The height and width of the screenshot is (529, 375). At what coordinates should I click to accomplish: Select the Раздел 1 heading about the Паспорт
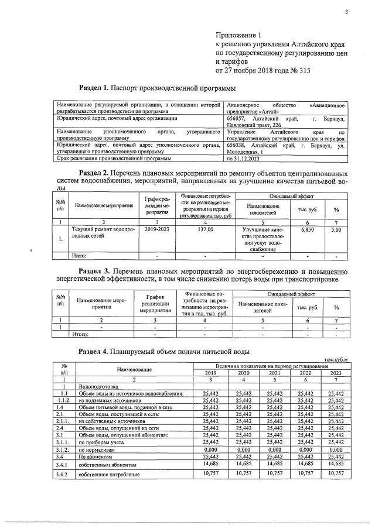(x=157, y=88)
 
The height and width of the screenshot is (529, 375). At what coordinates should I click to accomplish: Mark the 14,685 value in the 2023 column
(x=336, y=463)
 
